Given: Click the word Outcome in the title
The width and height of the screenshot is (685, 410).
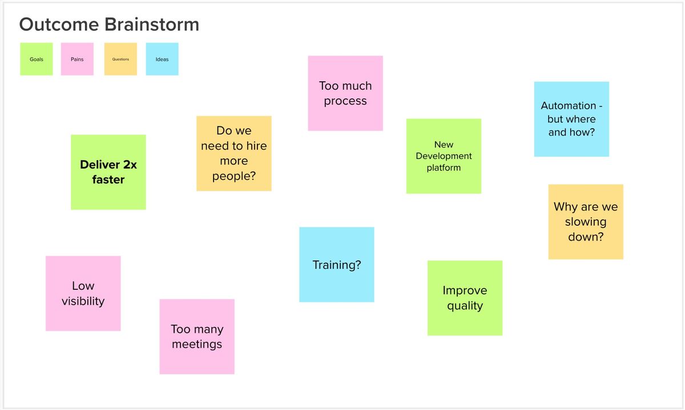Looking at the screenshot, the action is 59,24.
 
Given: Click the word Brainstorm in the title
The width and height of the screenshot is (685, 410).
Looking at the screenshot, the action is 152,24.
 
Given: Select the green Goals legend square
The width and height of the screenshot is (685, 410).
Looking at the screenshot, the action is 37,59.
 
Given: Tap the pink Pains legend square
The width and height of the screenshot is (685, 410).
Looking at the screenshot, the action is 77,59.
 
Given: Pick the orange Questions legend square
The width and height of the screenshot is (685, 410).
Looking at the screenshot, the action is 120,59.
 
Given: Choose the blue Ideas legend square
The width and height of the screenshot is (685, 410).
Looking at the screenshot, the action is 162,59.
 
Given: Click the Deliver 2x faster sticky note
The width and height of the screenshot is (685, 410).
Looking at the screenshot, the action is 108,172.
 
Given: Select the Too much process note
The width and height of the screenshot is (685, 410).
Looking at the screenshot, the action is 345,93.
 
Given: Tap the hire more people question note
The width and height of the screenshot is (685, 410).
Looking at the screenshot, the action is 234,153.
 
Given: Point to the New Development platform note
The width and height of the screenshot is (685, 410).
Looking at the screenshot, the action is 444,156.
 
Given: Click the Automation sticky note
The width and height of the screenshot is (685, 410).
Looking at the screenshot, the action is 571,119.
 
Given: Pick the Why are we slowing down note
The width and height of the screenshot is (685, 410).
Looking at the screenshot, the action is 586,222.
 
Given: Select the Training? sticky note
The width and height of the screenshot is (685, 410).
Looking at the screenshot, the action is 337,264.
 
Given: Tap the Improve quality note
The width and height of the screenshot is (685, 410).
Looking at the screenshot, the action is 465,298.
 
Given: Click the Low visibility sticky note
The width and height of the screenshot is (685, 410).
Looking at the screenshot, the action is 83,293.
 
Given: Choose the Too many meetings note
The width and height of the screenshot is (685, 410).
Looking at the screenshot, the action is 197,336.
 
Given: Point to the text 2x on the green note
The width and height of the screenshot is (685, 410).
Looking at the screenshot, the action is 130,165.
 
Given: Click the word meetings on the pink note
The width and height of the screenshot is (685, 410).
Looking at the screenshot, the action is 197,344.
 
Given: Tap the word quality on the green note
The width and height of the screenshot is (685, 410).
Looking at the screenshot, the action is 465,306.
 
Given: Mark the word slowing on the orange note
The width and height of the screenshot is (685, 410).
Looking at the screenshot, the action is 586,222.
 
